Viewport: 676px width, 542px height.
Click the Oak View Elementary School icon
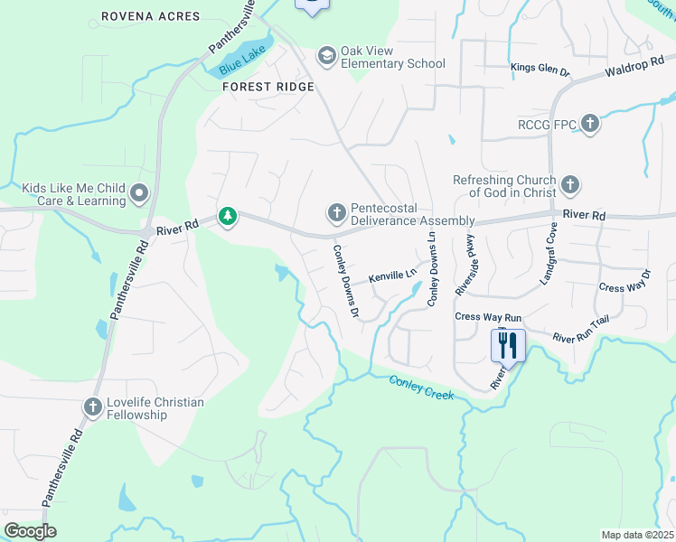click(x=325, y=57)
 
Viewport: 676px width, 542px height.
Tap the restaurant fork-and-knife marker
click(x=507, y=345)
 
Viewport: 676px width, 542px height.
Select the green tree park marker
click(x=228, y=217)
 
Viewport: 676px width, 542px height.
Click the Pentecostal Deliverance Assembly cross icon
click(x=336, y=214)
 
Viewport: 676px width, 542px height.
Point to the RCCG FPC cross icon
click(x=590, y=124)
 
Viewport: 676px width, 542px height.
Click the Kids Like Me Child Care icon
click(x=139, y=193)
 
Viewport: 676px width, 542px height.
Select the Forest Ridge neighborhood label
click(x=269, y=87)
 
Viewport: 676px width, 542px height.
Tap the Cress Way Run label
click(x=489, y=317)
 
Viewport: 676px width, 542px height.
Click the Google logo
click(x=31, y=531)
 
